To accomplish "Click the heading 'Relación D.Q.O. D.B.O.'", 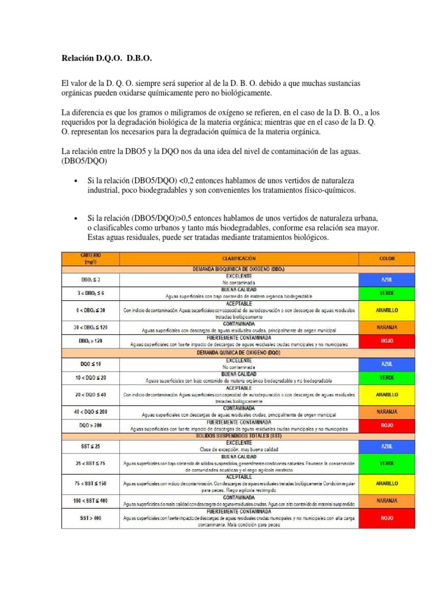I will [107, 59].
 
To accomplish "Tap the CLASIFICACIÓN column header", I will [238, 257].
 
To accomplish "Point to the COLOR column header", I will [386, 257].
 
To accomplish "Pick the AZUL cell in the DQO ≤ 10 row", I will [386, 364].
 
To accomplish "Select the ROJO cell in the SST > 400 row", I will [386, 518].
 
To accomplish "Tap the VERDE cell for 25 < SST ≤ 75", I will [386, 463].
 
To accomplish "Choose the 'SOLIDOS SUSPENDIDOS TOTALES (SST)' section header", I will [238, 435].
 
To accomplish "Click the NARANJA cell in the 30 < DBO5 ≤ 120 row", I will [386, 327].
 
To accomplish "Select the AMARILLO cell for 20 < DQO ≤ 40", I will [386, 395].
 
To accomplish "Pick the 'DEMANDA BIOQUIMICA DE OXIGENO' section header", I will [238, 269].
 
